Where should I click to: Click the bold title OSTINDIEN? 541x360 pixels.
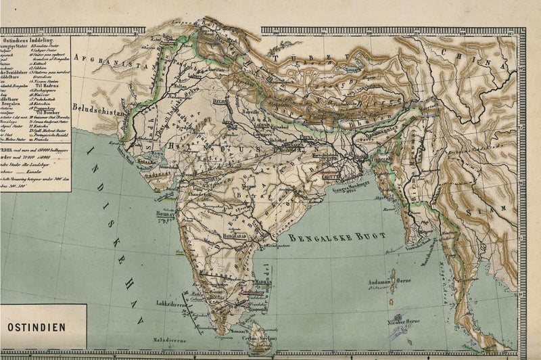[37, 325]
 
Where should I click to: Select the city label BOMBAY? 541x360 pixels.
[167, 212]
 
